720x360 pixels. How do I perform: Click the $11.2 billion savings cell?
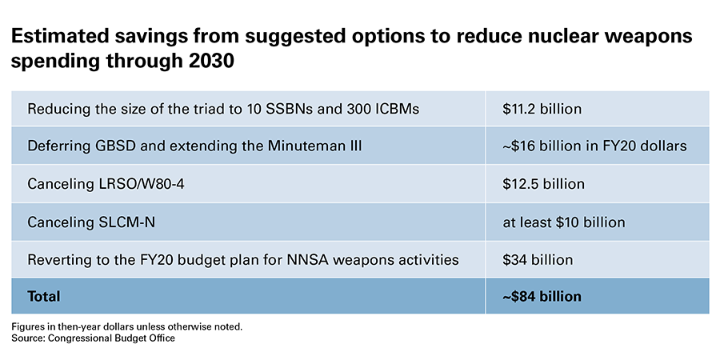(542, 109)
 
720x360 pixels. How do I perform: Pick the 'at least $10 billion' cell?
(563, 222)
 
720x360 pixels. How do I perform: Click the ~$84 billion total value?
(542, 297)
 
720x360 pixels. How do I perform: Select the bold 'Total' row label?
(44, 297)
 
